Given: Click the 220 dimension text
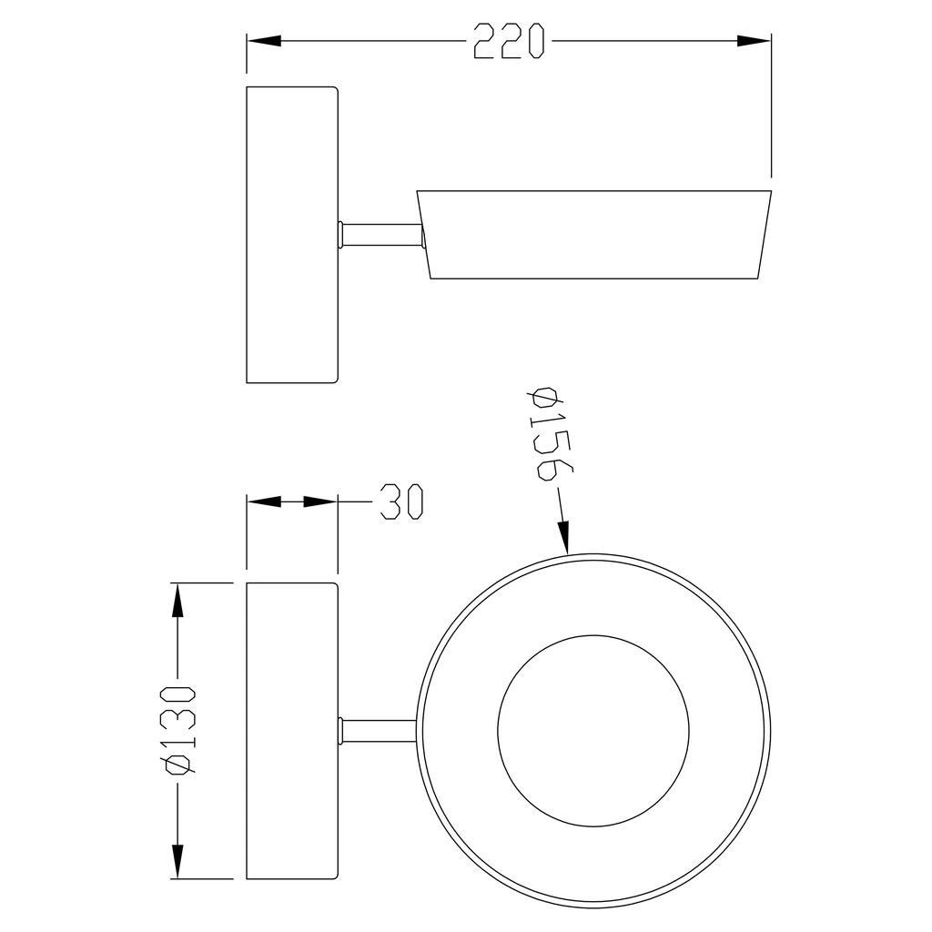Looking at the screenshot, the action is point(510,41).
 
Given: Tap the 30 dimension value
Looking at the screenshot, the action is point(401,501).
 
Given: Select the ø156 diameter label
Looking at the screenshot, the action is point(550,434).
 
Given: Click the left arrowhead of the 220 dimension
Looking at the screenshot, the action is point(264,41).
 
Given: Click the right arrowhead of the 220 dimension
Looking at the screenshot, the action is point(754,41).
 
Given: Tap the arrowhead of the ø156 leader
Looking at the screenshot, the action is point(563,537).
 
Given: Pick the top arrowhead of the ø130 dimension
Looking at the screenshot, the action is point(177,601).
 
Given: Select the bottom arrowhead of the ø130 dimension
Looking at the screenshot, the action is point(177,861).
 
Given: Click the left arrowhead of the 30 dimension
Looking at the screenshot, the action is point(264,501).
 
